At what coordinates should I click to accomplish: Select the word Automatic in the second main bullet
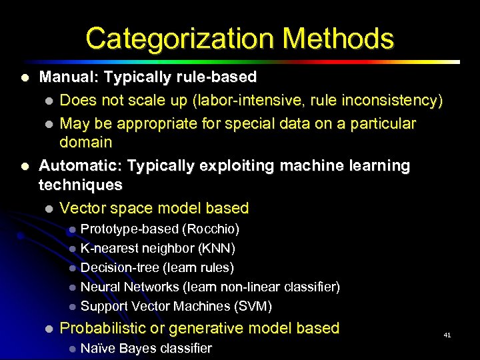(79, 165)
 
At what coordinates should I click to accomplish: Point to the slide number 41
(447, 335)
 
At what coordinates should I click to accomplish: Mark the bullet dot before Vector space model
(48, 209)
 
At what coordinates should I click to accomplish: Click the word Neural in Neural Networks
(100, 287)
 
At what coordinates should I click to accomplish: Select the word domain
(86, 142)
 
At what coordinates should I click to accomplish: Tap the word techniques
(81, 185)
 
